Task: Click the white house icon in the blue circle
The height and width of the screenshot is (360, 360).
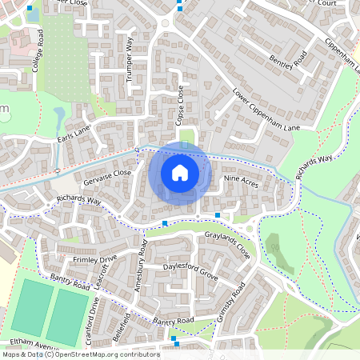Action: (x=180, y=171)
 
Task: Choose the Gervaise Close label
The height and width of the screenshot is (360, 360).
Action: (x=106, y=173)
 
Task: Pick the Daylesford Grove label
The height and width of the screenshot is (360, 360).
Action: (x=190, y=266)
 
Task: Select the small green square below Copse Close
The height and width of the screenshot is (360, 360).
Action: (x=186, y=137)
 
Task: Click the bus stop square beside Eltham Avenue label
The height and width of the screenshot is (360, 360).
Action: (x=174, y=338)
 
